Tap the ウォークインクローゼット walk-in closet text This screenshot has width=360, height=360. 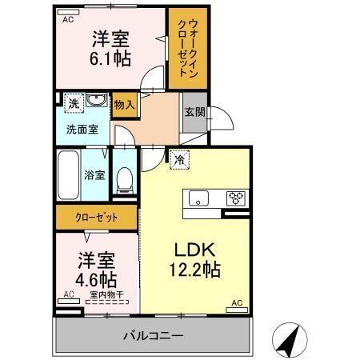point(186,49)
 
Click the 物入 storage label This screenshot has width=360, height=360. point(124,104)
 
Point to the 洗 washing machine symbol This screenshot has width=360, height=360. point(72,103)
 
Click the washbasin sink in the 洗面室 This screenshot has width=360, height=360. point(96,102)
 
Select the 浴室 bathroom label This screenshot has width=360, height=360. point(94,174)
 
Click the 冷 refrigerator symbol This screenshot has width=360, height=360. point(180,160)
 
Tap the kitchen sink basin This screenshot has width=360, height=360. point(197,197)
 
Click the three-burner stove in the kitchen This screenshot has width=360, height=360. point(237,198)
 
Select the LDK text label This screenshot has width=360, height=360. point(194,250)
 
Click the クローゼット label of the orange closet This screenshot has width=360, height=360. point(96,217)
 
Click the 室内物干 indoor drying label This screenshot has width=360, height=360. point(104,295)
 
